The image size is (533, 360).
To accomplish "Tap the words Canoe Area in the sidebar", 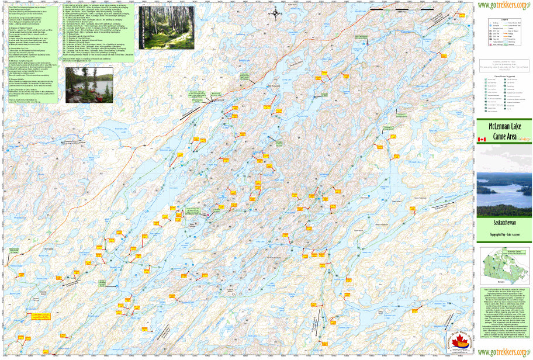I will [x=504, y=136].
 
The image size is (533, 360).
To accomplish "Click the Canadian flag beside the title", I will [x=482, y=140].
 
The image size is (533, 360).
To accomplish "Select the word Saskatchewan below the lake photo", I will [x=504, y=223].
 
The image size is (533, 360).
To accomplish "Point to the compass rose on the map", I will [x=276, y=13].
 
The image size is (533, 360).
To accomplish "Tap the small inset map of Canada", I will [x=504, y=264].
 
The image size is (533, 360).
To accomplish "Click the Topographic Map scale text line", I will [x=504, y=233].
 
